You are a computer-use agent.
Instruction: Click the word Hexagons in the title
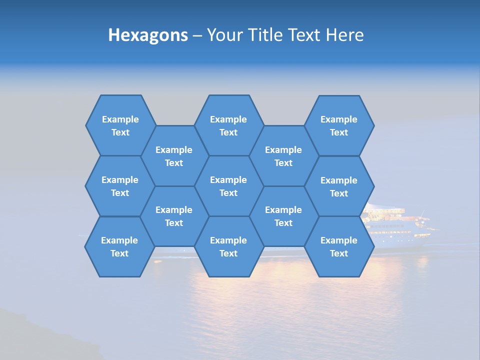(x=148, y=35)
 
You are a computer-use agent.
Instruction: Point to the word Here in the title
(x=344, y=35)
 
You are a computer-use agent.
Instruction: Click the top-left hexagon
(x=120, y=125)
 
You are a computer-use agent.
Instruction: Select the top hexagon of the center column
(x=228, y=125)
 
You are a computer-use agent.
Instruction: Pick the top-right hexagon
(x=339, y=125)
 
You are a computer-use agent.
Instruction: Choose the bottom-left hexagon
(x=119, y=246)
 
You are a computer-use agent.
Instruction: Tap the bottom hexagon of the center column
(x=228, y=246)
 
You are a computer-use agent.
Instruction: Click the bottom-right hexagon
(x=339, y=246)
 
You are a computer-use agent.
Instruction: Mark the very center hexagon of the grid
(x=228, y=186)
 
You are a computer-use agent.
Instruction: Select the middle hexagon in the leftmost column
(x=120, y=186)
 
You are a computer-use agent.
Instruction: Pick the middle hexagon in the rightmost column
(x=339, y=186)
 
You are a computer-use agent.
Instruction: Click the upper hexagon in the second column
(x=174, y=156)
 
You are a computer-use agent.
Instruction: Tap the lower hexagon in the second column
(x=174, y=216)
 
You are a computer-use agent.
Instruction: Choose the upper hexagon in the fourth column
(x=283, y=156)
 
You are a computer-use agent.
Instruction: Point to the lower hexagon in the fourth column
(x=283, y=216)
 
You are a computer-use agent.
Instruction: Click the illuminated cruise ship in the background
(x=400, y=222)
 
